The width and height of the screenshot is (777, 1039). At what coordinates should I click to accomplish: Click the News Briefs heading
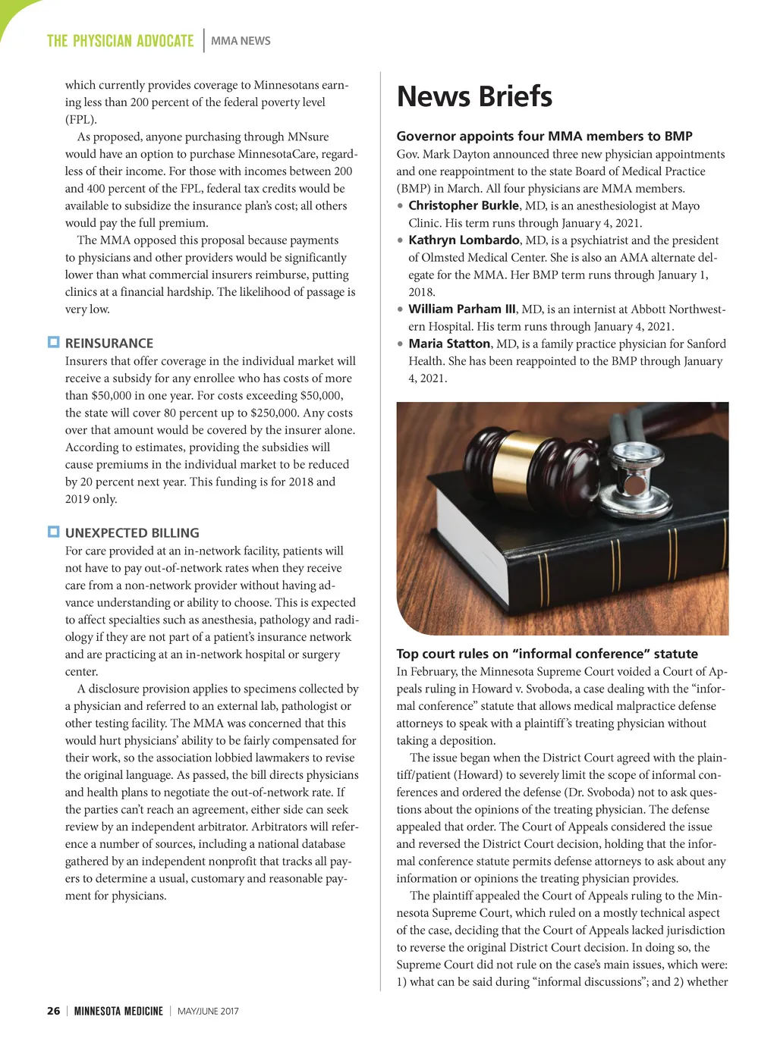pyautogui.click(x=474, y=97)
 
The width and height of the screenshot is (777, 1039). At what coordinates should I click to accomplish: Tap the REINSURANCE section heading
pyautogui.click(x=109, y=343)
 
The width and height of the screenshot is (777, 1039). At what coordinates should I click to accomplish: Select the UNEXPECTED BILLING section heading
pyautogui.click(x=132, y=532)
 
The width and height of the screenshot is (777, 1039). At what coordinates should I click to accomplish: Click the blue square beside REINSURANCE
pyautogui.click(x=53, y=342)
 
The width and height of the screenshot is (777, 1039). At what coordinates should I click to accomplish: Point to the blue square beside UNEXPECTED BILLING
pyautogui.click(x=53, y=532)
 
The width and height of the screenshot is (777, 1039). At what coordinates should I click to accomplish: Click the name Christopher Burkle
pyautogui.click(x=464, y=206)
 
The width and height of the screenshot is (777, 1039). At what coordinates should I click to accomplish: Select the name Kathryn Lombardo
pyautogui.click(x=464, y=240)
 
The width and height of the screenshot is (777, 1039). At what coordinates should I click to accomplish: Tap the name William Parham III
pyautogui.click(x=461, y=309)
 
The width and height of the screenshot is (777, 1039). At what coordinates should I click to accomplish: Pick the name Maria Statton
pyautogui.click(x=449, y=344)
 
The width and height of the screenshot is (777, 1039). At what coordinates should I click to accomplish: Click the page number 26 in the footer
pyautogui.click(x=53, y=1011)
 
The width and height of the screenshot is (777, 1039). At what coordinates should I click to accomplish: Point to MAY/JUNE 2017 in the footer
pyautogui.click(x=208, y=1011)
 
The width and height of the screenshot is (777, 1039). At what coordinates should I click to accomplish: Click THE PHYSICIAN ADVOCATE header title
pyautogui.click(x=120, y=41)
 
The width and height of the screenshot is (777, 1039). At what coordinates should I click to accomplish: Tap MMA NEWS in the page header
pyautogui.click(x=241, y=41)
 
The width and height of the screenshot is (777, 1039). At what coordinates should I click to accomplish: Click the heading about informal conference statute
pyautogui.click(x=547, y=654)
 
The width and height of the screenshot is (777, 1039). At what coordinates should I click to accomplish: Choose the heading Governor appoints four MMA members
pyautogui.click(x=544, y=137)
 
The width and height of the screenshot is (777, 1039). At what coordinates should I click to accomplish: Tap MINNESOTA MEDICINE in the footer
pyautogui.click(x=118, y=1011)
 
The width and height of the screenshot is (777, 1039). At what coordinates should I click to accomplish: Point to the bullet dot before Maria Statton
pyautogui.click(x=400, y=344)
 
